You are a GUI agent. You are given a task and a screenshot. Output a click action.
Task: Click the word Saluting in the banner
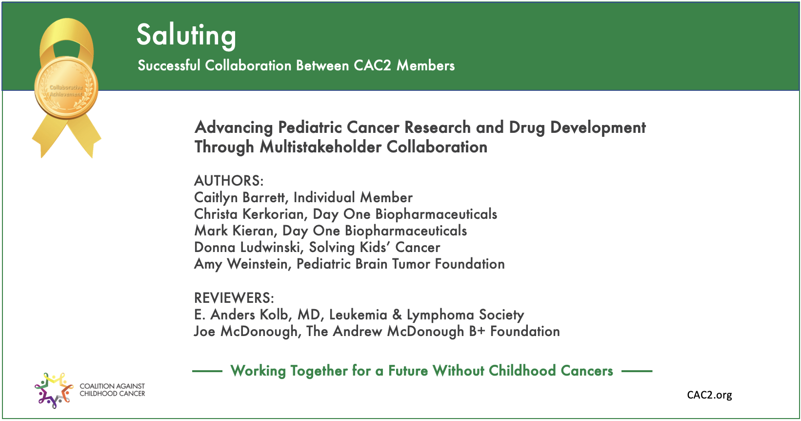[x=186, y=36]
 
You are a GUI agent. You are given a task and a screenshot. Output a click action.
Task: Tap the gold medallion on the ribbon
[x=66, y=88]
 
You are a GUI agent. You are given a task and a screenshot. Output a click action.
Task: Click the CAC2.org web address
[x=709, y=395]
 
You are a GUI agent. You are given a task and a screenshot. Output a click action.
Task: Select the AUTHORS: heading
[x=229, y=181]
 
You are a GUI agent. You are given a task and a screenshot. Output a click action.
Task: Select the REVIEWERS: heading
[x=234, y=298]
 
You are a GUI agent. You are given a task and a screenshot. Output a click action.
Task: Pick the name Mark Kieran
[x=234, y=231]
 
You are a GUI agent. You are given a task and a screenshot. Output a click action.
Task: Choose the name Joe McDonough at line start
[x=245, y=331]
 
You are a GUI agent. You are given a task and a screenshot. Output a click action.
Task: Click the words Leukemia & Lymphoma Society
[x=426, y=315]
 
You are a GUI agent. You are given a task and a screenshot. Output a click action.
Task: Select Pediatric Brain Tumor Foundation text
[x=400, y=264]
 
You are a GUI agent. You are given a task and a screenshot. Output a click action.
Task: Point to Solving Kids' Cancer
[x=375, y=247]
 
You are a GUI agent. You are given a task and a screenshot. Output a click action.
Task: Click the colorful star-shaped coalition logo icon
[x=54, y=390]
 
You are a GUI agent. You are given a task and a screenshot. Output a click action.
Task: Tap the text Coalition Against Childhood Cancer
[x=112, y=390]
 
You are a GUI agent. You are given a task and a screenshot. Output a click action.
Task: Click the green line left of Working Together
[x=207, y=371]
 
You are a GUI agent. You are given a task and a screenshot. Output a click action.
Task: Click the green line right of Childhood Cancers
[x=637, y=371]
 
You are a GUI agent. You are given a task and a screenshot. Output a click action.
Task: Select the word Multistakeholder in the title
[x=320, y=147]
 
